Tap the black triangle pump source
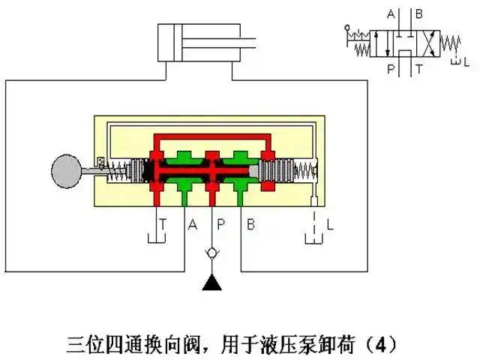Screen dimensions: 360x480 click(213, 283)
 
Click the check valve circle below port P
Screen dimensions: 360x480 click(213, 252)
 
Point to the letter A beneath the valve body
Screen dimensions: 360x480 click(192, 223)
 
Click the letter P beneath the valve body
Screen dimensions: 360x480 click(222, 223)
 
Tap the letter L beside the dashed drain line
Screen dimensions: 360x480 click(330, 223)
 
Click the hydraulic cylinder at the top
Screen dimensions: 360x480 click(202, 44)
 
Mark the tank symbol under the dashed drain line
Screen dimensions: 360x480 click(313, 238)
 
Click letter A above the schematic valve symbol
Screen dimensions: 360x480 click(389, 13)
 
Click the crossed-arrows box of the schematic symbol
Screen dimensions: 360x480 click(424, 41)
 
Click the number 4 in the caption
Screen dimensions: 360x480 click(382, 345)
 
